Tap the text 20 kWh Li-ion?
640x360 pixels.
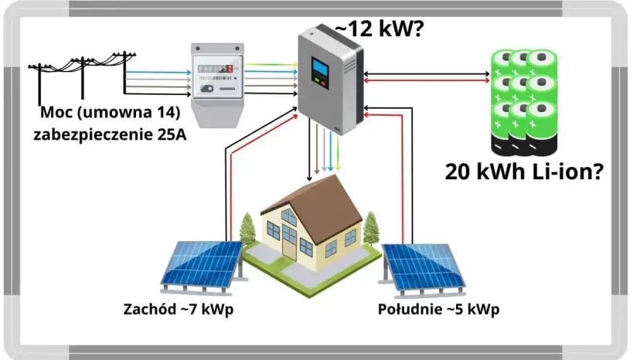(x=524, y=172)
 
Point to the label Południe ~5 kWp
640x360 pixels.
(x=438, y=310)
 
